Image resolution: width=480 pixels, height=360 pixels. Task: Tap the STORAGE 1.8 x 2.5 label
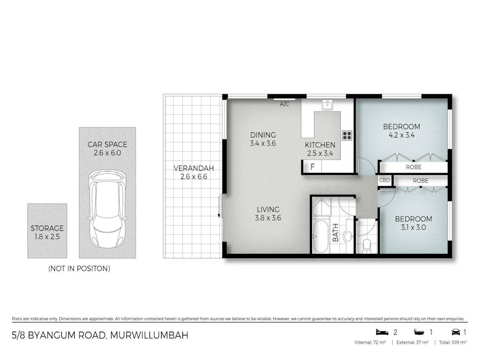click(47, 231)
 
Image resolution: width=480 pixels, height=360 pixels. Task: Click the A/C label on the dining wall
click(284, 105)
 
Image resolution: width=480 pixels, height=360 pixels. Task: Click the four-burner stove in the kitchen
click(347, 135)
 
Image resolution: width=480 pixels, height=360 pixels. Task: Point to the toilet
click(367, 245)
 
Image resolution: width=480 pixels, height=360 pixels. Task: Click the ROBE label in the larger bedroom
click(413, 167)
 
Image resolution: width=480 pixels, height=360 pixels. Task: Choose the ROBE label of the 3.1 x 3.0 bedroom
click(421, 181)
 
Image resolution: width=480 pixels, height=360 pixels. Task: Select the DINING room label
click(262, 134)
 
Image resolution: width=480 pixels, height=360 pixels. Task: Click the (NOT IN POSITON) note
click(79, 269)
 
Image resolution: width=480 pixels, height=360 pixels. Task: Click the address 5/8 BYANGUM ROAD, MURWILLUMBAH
click(100, 335)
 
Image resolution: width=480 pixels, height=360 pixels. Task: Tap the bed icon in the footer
click(380, 332)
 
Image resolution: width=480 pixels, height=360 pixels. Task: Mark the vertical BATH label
click(336, 233)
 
